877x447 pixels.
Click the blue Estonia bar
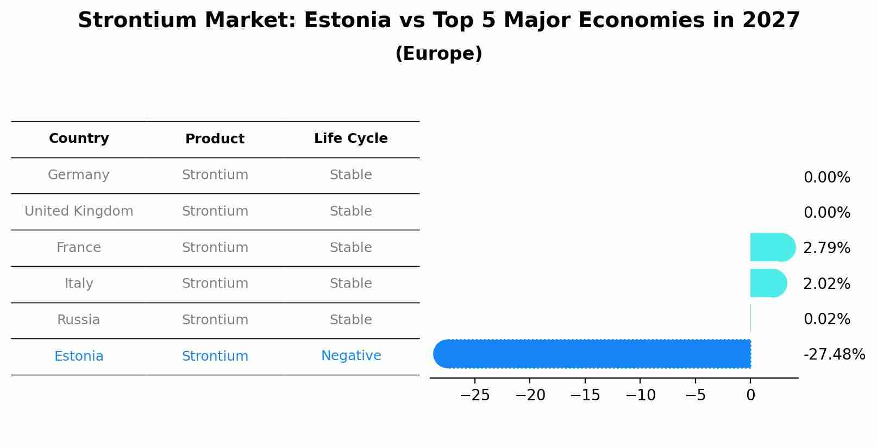[592, 354]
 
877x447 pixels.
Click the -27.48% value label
[834, 355]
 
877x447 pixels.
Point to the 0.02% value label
[826, 319]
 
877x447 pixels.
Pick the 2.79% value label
[826, 248]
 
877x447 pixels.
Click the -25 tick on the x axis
[475, 395]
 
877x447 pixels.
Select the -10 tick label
[640, 395]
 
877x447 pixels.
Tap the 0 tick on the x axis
[750, 395]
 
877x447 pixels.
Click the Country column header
[79, 138]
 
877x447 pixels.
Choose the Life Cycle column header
[350, 138]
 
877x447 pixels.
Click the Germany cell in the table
[79, 175]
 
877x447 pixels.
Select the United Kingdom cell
[79, 211]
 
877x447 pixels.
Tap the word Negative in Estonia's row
[350, 356]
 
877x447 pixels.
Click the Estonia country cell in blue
[79, 356]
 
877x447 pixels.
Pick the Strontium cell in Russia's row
[215, 320]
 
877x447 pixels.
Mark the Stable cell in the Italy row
[350, 284]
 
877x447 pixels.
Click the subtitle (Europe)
[438, 54]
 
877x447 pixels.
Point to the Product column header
[215, 139]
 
